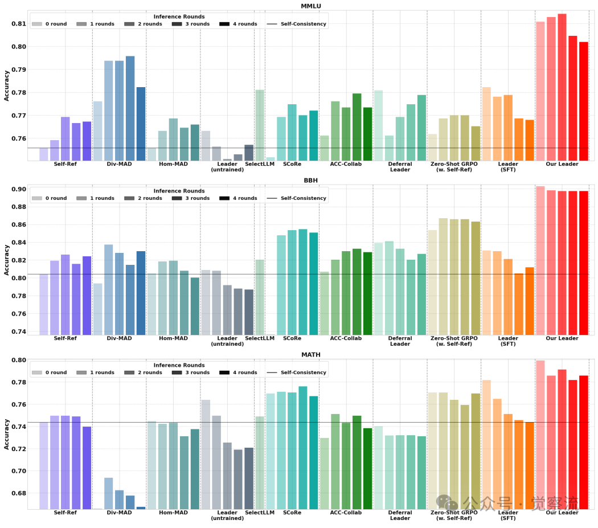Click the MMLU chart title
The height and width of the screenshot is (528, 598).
click(310, 6)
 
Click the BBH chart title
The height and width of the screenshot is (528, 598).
click(310, 180)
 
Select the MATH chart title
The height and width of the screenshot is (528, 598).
click(310, 354)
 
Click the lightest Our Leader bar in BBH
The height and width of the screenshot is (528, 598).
click(540, 260)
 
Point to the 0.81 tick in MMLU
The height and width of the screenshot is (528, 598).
click(19, 24)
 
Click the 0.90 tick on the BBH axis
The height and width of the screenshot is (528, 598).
click(19, 189)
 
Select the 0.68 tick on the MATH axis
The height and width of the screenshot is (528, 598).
click(19, 493)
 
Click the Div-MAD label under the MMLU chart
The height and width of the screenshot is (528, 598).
click(119, 164)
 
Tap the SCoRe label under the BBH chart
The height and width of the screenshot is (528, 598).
click(292, 338)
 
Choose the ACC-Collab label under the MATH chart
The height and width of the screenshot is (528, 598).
click(346, 513)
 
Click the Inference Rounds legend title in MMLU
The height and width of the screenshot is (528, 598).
click(179, 17)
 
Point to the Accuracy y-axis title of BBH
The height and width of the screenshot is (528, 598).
click(7, 260)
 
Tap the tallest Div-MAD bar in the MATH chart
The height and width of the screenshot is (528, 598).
click(108, 493)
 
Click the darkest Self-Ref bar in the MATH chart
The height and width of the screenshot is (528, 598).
click(87, 468)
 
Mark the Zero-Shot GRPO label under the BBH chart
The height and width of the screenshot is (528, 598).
click(454, 341)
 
